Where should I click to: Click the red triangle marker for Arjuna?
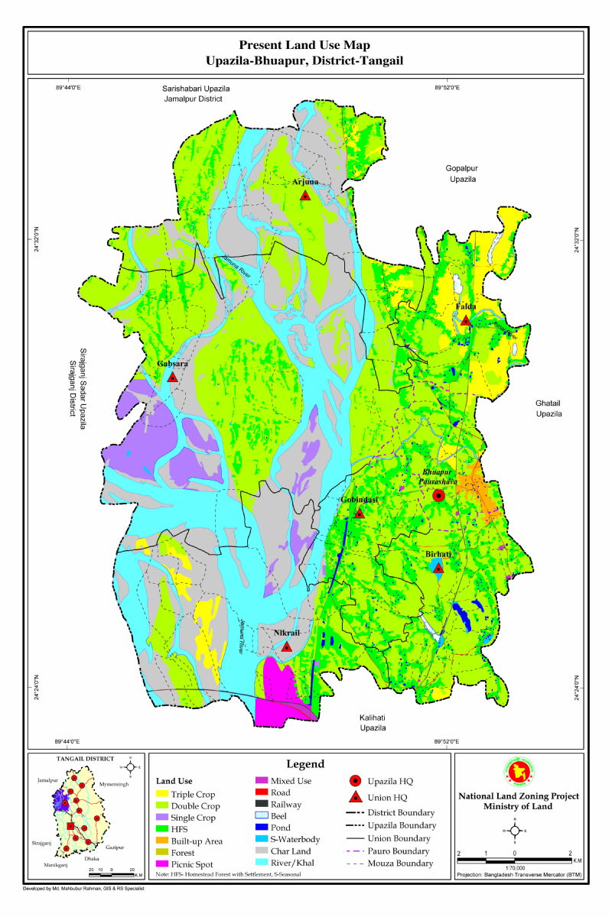click(305, 196)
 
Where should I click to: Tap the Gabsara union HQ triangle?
click(173, 377)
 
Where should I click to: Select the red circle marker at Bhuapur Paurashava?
click(438, 496)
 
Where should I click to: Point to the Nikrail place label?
click(286, 633)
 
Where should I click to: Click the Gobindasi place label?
click(360, 500)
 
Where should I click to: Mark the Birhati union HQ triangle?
click(438, 567)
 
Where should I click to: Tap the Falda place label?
click(466, 307)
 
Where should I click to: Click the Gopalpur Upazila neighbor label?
click(462, 173)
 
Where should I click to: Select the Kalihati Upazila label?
click(373, 723)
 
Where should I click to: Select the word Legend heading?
click(304, 764)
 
